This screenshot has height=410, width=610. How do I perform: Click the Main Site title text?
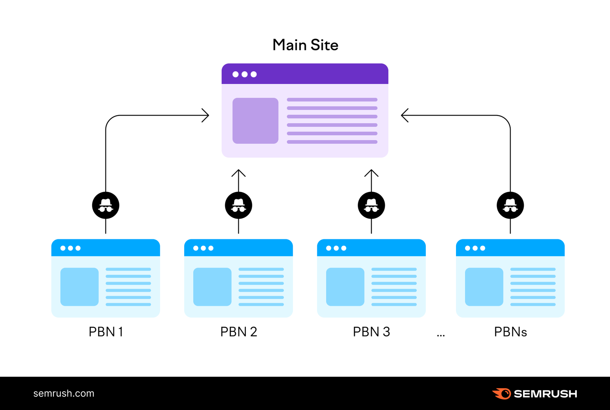(x=305, y=45)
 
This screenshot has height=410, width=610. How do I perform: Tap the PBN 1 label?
(x=106, y=332)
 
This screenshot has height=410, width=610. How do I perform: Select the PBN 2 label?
(x=239, y=332)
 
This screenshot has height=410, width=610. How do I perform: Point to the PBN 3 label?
(x=371, y=332)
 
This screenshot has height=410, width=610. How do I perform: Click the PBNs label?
(x=510, y=332)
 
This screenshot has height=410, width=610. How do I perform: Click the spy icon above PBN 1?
(x=106, y=205)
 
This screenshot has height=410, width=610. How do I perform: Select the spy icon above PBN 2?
(x=239, y=205)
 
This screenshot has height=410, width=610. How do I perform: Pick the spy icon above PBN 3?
(x=371, y=205)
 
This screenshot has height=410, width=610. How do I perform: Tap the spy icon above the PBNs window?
(x=510, y=205)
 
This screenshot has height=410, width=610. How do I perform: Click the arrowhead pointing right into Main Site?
(x=206, y=115)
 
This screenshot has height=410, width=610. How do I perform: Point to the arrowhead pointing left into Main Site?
(x=405, y=115)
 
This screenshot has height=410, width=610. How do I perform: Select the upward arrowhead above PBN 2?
(x=239, y=173)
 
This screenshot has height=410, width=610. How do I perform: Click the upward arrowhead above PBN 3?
(x=371, y=173)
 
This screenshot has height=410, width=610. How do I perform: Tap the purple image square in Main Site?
(x=255, y=121)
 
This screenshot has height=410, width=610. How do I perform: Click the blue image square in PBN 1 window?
(x=79, y=287)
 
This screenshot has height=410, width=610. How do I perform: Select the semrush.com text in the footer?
(x=64, y=393)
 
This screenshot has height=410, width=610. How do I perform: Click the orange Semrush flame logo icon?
(x=501, y=393)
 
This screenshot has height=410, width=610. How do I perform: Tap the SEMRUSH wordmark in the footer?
(x=545, y=394)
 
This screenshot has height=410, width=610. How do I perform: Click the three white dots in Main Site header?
(x=244, y=74)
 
